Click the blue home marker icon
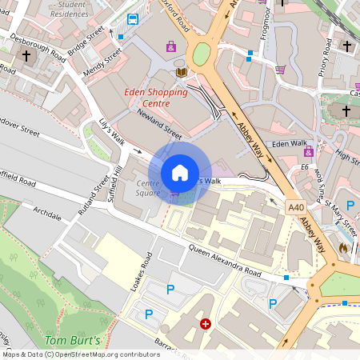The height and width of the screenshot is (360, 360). [180, 173]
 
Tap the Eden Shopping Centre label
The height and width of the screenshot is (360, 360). [156, 98]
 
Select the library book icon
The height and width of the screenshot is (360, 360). [181, 73]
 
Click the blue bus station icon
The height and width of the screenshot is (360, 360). [133, 19]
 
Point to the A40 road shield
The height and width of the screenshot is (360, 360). [295, 208]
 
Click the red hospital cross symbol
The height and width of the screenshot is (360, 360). [206, 324]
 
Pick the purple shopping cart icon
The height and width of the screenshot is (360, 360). [280, 70]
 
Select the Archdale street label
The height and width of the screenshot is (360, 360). [47, 212]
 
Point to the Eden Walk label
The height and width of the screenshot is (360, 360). [289, 144]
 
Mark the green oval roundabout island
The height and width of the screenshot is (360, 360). [201, 54]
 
